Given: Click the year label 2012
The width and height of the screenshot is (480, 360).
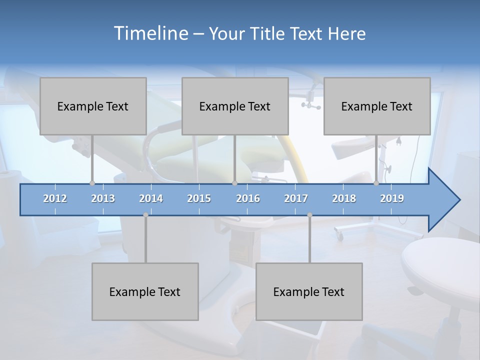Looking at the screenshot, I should (x=55, y=198).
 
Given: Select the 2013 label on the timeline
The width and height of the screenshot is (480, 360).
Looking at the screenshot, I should (x=103, y=198).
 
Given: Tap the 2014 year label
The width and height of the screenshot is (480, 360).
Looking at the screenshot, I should (x=151, y=198).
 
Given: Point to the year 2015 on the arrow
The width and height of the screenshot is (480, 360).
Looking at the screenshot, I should (x=199, y=198).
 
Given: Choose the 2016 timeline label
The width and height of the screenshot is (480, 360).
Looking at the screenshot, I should (x=248, y=198).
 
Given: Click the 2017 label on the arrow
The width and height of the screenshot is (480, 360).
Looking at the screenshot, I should (x=296, y=198).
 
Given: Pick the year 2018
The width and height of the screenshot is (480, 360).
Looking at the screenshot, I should (x=344, y=198).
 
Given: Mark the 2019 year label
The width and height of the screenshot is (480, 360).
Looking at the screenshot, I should (x=392, y=198).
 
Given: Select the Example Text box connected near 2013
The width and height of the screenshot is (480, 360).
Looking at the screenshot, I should (x=93, y=106).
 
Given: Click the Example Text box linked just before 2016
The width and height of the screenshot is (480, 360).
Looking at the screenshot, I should (x=235, y=106).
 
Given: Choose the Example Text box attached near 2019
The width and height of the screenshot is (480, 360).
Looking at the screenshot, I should (x=377, y=106).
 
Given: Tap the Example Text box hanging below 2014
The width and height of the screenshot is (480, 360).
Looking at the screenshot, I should (x=145, y=291).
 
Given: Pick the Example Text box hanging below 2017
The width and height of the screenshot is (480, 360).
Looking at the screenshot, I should (x=309, y=291).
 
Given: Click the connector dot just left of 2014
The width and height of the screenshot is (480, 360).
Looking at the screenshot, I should (x=145, y=214).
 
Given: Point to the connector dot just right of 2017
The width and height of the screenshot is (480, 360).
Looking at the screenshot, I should (x=309, y=214).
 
